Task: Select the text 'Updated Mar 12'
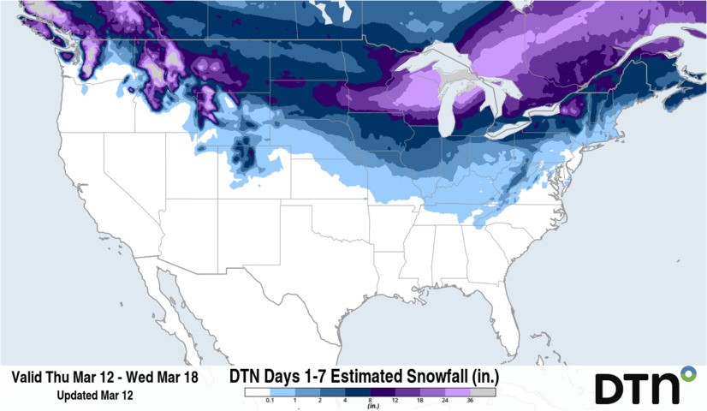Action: click(94, 396)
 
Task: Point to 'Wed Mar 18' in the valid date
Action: click(169, 377)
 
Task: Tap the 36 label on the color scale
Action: click(470, 401)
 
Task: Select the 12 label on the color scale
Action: click(395, 401)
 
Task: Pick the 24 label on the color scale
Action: click(445, 401)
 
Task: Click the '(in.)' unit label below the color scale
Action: click(372, 406)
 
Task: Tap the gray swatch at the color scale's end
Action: click(483, 392)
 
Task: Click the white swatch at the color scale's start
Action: click(256, 392)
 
